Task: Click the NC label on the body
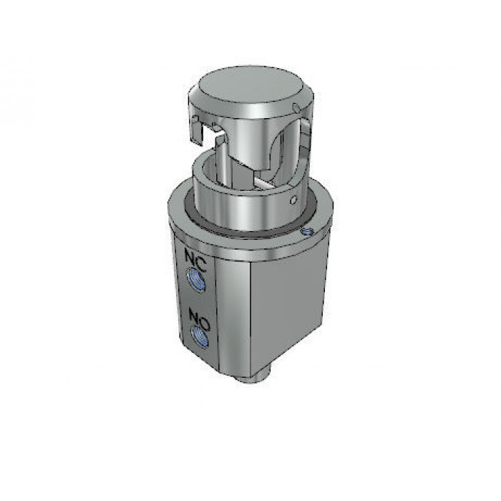click(195, 260)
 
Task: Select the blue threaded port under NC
click(196, 278)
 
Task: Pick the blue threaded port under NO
click(200, 337)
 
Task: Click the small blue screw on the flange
click(307, 232)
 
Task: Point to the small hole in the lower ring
click(293, 200)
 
